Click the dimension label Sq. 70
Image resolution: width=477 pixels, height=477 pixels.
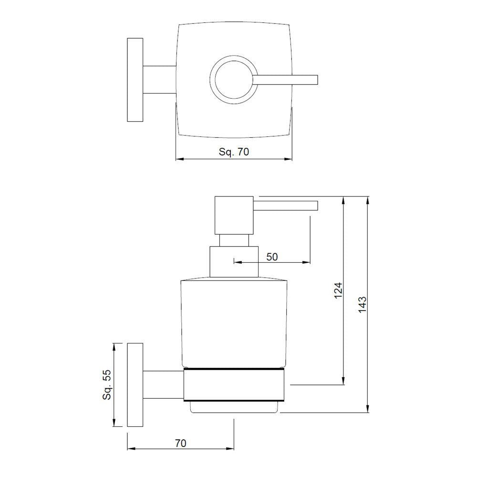[234, 152]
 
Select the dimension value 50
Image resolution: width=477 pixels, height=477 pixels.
[272, 257]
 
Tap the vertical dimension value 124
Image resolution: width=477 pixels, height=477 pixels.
[338, 290]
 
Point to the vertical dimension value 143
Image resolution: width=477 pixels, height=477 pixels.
[362, 304]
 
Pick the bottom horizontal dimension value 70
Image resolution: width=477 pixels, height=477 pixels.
[180, 443]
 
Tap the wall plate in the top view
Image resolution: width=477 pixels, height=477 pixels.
[135, 79]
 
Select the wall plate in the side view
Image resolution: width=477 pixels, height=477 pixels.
[135, 384]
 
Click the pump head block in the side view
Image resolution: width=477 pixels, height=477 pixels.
[234, 215]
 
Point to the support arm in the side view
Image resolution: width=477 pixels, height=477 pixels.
[163, 384]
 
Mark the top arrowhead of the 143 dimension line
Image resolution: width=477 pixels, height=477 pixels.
[367, 200]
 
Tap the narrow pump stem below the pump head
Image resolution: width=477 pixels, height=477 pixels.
[234, 240]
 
